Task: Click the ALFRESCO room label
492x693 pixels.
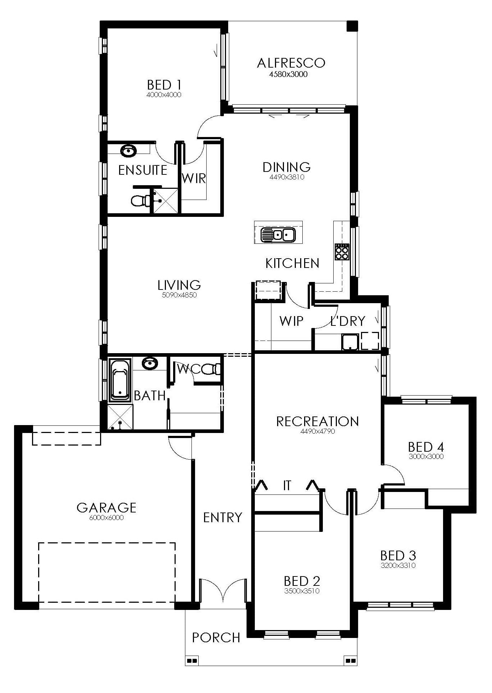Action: pyautogui.click(x=291, y=63)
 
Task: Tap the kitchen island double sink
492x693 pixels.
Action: pyautogui.click(x=278, y=235)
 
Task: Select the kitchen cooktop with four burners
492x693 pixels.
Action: pyautogui.click(x=342, y=251)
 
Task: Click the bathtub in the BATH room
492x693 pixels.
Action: pyautogui.click(x=120, y=380)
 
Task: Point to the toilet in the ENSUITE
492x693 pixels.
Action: pyautogui.click(x=140, y=201)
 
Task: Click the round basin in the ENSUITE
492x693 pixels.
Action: pyautogui.click(x=128, y=151)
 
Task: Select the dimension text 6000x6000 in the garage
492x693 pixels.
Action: pyautogui.click(x=106, y=518)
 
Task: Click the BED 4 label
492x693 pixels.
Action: pyautogui.click(x=426, y=447)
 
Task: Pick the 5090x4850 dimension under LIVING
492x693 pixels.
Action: pyautogui.click(x=179, y=295)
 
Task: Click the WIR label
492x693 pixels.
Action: pyautogui.click(x=194, y=178)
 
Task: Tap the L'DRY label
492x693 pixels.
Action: pyautogui.click(x=348, y=321)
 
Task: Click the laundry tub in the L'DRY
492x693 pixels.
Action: pyautogui.click(x=350, y=342)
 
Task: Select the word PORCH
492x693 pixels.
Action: pyautogui.click(x=216, y=638)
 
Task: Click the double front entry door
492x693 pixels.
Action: pyautogui.click(x=223, y=590)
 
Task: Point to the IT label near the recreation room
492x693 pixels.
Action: pyautogui.click(x=286, y=485)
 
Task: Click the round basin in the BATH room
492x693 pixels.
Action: pyautogui.click(x=149, y=364)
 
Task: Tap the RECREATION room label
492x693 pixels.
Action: pyautogui.click(x=317, y=421)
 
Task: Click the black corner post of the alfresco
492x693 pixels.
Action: pyautogui.click(x=352, y=26)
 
